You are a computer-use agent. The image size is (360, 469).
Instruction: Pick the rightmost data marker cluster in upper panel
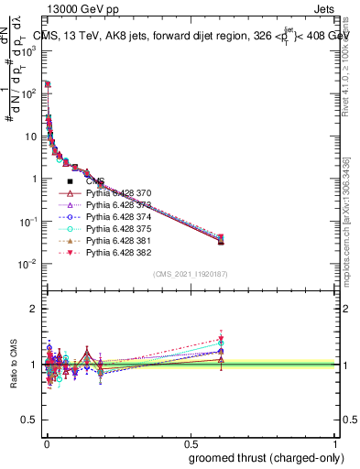[x=220, y=239]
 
